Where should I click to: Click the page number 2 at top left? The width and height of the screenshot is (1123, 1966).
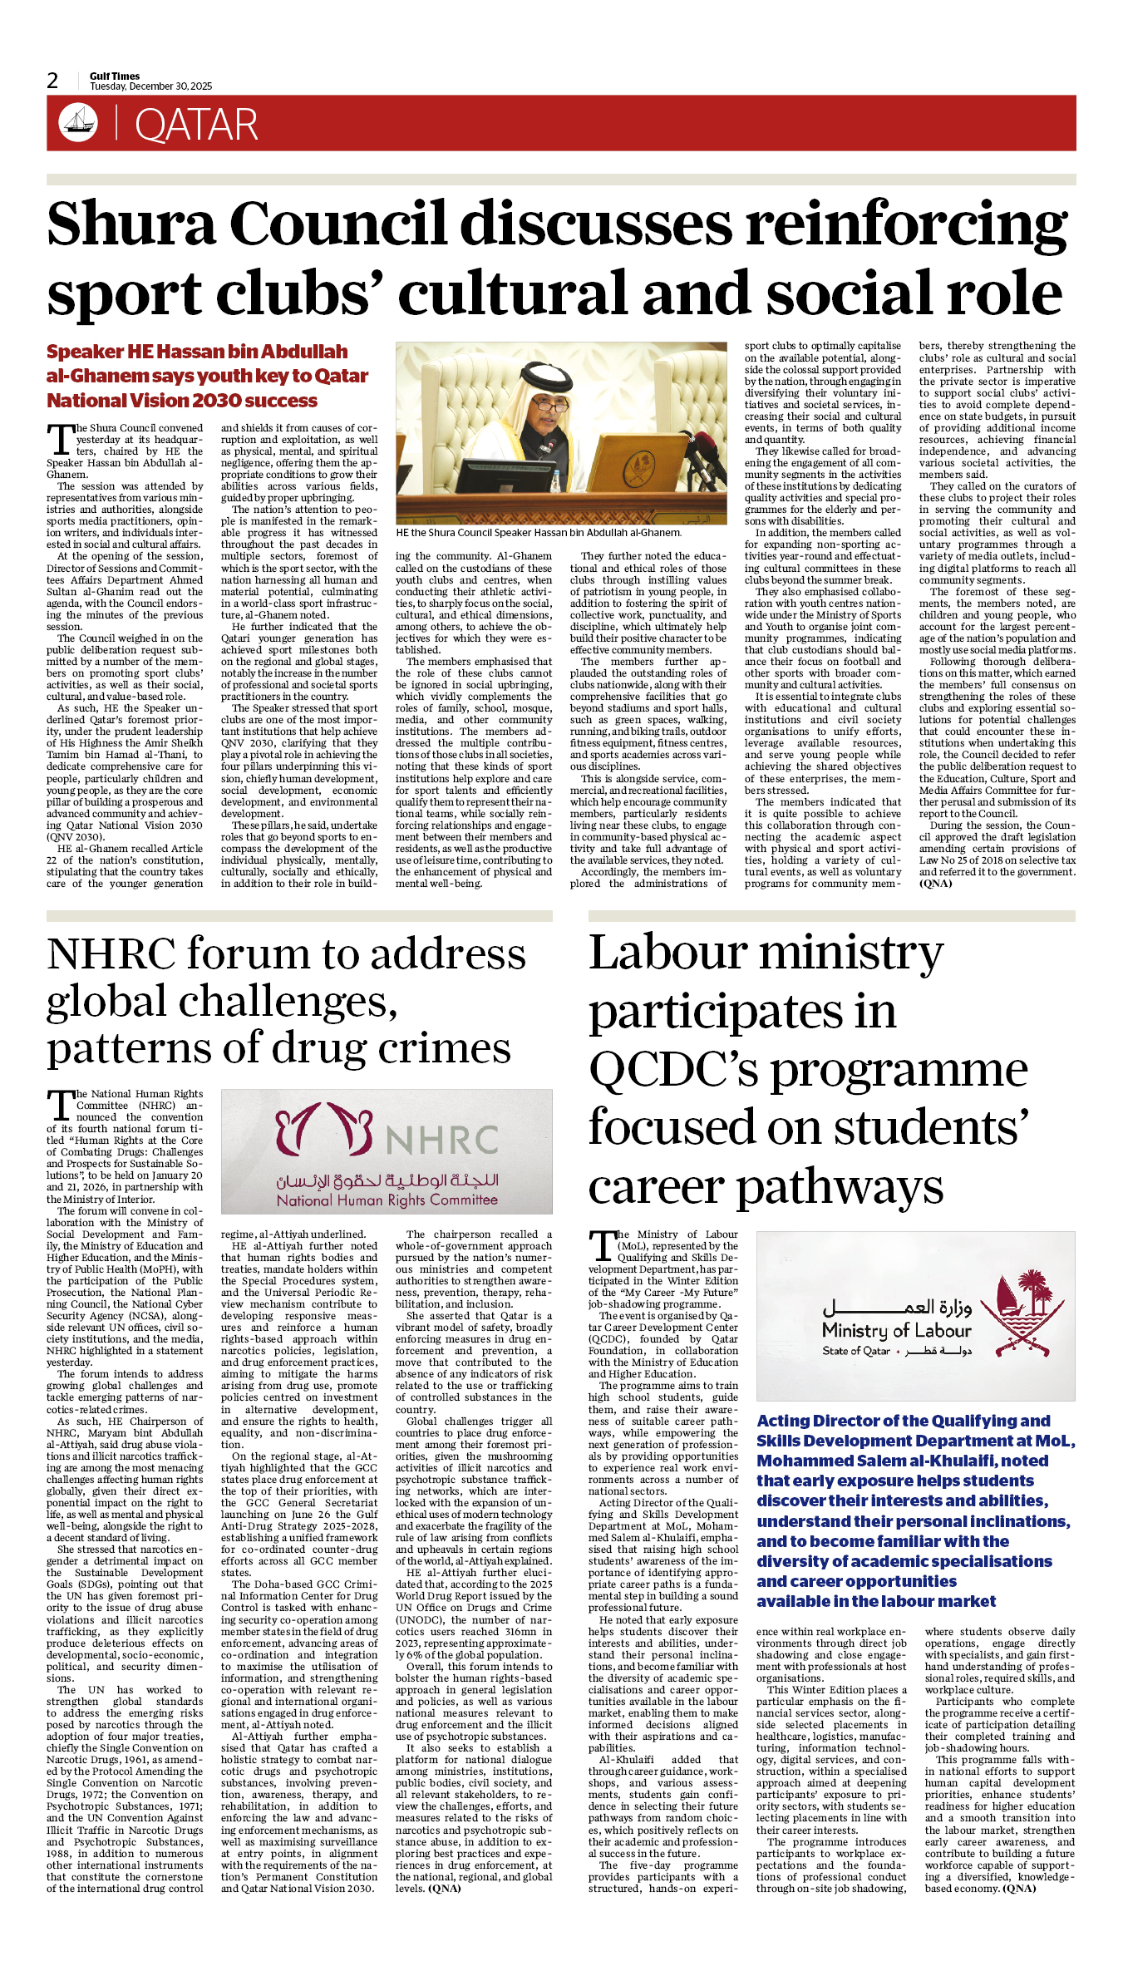click(52, 81)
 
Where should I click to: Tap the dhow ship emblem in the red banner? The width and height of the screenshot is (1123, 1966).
click(78, 123)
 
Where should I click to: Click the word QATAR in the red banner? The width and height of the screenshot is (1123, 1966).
click(196, 126)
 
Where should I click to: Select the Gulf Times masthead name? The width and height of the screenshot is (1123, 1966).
click(115, 76)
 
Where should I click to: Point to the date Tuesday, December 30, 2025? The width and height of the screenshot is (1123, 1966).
click(150, 86)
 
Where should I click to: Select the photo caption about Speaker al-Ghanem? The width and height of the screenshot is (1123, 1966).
click(539, 533)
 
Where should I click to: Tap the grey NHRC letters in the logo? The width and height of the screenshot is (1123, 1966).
click(441, 1141)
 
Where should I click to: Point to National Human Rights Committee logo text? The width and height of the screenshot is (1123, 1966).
click(387, 1200)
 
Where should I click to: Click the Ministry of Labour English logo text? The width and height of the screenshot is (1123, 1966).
click(896, 1330)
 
